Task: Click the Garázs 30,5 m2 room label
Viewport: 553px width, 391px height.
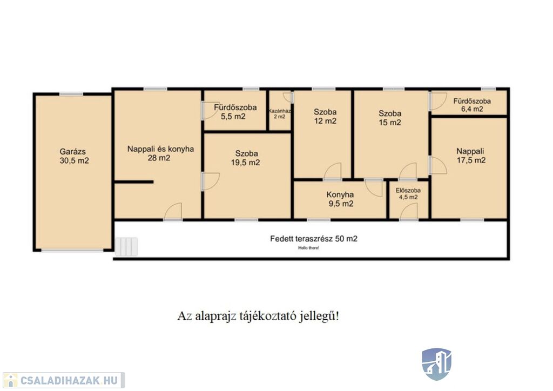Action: point(74,156)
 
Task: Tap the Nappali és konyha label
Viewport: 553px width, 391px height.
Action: point(160,149)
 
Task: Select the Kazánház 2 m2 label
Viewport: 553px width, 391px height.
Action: point(280,113)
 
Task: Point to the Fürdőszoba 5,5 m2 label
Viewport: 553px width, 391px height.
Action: point(235,112)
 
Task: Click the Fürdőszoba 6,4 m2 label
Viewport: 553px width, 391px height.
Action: point(472,105)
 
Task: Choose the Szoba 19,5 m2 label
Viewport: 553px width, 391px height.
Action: point(246,158)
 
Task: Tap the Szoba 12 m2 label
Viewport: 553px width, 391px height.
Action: point(325,116)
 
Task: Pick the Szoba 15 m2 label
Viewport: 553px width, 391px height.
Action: point(390,118)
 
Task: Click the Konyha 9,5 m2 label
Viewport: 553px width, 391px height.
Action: point(340,199)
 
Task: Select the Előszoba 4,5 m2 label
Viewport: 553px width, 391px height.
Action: point(408,193)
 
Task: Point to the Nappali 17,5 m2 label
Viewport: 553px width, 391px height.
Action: point(471,156)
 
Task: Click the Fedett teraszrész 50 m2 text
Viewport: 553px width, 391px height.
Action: point(314,239)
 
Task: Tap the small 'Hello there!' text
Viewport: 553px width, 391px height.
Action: point(308,248)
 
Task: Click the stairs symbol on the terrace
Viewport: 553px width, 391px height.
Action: point(126,246)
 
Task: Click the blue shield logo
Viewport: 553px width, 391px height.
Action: point(436,364)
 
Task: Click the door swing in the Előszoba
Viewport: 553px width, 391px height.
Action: point(409,212)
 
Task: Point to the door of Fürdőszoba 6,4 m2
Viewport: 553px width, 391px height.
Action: point(439,101)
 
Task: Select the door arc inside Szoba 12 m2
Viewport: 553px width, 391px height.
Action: point(333,171)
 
